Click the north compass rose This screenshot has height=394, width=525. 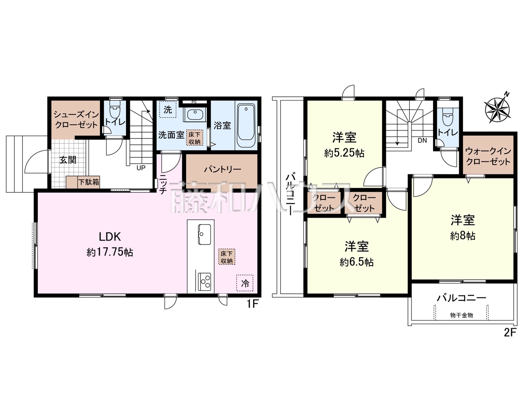[x=497, y=109]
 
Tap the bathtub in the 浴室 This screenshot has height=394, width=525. [x=246, y=126]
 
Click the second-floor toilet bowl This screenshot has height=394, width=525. [x=447, y=117]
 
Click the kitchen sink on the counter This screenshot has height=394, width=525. [x=205, y=234]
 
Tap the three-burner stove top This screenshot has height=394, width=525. [x=205, y=282]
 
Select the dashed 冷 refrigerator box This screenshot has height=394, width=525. [x=245, y=283]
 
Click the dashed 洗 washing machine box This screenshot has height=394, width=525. [x=168, y=109]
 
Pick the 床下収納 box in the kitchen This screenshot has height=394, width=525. [x=227, y=257]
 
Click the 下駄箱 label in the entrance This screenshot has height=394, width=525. [x=89, y=182]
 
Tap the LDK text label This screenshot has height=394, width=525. [x=110, y=237]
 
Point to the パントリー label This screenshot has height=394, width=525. [x=222, y=170]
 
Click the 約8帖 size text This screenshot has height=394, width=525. [x=463, y=236]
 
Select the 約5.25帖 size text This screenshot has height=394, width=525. [x=344, y=153]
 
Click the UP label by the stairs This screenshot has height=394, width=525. [x=141, y=168]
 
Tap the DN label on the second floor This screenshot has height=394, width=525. [x=422, y=140]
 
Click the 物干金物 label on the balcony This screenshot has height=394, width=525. [x=461, y=315]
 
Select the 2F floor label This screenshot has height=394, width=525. [x=510, y=333]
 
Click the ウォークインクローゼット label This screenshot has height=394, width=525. [x=488, y=156]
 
